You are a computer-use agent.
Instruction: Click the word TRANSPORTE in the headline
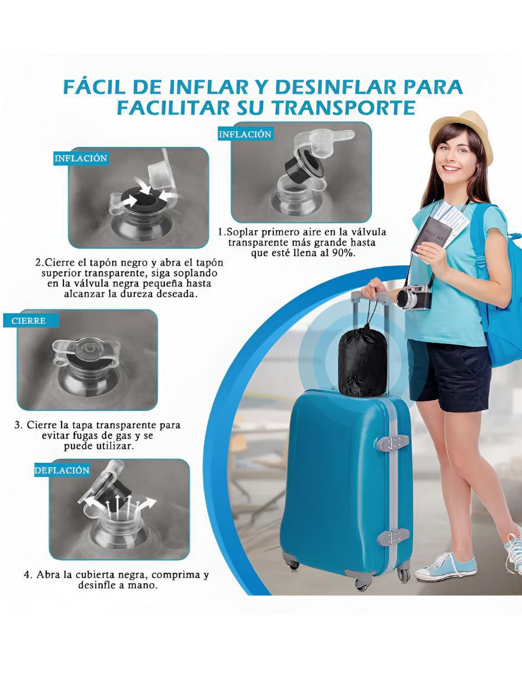(x=344, y=108)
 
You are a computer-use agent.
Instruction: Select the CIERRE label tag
(x=31, y=321)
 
